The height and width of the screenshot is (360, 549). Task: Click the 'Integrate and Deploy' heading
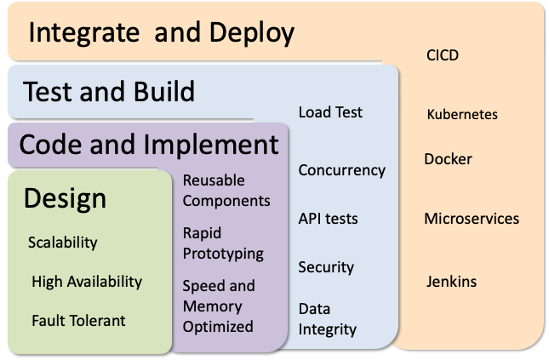tap(162, 33)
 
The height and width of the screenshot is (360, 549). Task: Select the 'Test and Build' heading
tap(108, 90)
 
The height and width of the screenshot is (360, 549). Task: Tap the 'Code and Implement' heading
tap(149, 144)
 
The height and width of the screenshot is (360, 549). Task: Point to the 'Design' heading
tap(65, 198)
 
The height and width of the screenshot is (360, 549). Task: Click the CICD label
tap(443, 56)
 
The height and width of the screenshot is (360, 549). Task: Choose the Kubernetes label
tap(462, 114)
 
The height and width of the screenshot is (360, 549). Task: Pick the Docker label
tap(448, 159)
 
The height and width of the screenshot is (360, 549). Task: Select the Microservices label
tap(472, 219)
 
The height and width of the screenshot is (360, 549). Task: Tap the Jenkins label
tap(451, 282)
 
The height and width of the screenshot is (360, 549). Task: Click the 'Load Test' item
tap(330, 112)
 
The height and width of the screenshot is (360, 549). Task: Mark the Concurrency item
tap(341, 170)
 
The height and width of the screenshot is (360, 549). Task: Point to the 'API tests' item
tap(328, 219)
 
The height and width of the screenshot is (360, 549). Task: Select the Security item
tap(325, 267)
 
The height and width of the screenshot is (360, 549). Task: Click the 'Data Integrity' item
tap(327, 318)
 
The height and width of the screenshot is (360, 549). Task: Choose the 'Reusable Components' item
tap(226, 191)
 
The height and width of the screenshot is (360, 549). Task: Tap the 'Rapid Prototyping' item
tap(223, 243)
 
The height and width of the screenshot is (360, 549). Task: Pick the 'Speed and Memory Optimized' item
tap(219, 306)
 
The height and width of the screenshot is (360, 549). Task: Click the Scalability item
tap(63, 243)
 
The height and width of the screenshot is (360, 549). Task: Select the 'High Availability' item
tap(87, 282)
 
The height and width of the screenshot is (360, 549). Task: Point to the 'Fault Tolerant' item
tap(78, 321)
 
